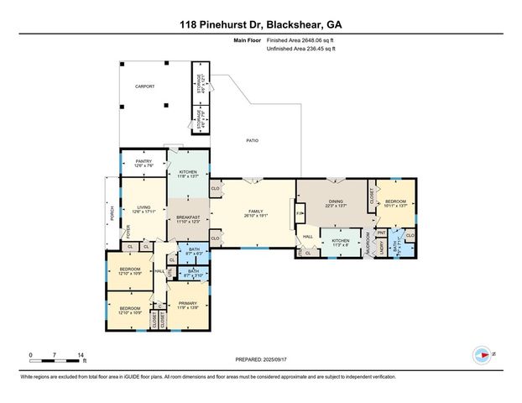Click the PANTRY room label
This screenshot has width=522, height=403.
pos(144,163)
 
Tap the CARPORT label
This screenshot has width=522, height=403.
pos(146,86)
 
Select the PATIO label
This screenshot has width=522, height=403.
pos(251,140)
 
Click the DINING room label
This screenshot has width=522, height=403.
pos(336,201)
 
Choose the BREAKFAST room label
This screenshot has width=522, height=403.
pos(188,218)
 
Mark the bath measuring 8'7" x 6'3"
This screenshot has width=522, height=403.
pos(194,250)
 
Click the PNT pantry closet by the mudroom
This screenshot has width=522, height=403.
pos(380,233)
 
